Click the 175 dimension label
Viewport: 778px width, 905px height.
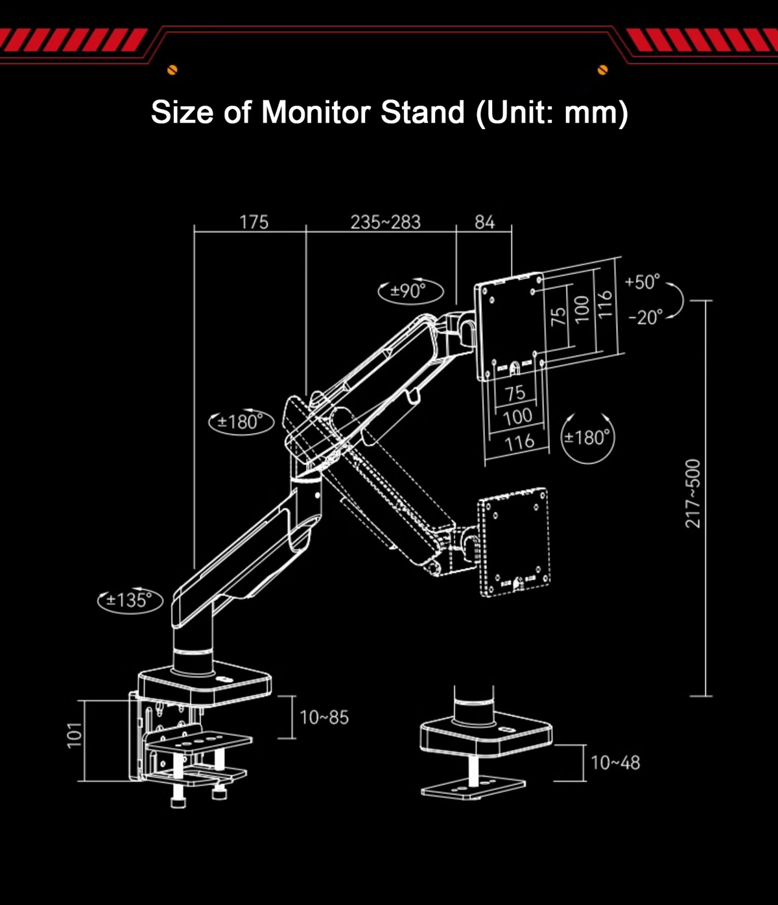coord(254,222)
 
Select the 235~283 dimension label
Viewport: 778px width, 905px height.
coord(385,222)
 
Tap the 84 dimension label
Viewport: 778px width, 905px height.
coord(485,222)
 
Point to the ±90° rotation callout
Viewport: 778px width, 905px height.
coord(410,290)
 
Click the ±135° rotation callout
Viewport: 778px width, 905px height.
coord(130,600)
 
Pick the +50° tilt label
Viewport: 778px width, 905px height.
coord(642,282)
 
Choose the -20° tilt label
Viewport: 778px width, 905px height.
coord(646,318)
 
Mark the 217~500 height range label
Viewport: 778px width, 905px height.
coord(692,493)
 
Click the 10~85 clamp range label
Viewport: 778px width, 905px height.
coord(324,717)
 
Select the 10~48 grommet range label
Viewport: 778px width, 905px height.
coord(615,763)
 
